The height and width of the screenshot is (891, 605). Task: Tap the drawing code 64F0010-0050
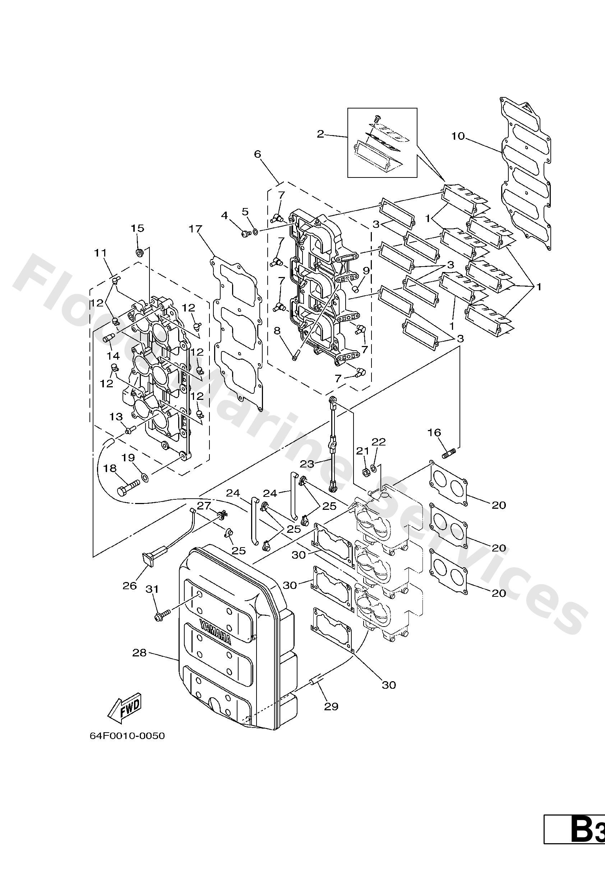[127, 736]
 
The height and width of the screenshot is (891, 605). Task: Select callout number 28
[139, 652]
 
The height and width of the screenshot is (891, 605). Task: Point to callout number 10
[458, 136]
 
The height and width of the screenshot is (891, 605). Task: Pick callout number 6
[257, 154]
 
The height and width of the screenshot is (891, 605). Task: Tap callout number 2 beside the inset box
[320, 134]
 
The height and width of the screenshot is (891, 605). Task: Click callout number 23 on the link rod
[307, 464]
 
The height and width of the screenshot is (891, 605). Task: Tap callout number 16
[434, 433]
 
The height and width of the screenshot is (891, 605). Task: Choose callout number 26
[130, 586]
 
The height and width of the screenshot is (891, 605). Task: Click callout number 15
[137, 228]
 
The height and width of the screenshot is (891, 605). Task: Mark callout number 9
[366, 271]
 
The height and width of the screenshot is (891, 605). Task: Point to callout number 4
[224, 216]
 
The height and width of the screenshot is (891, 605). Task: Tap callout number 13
[116, 417]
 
